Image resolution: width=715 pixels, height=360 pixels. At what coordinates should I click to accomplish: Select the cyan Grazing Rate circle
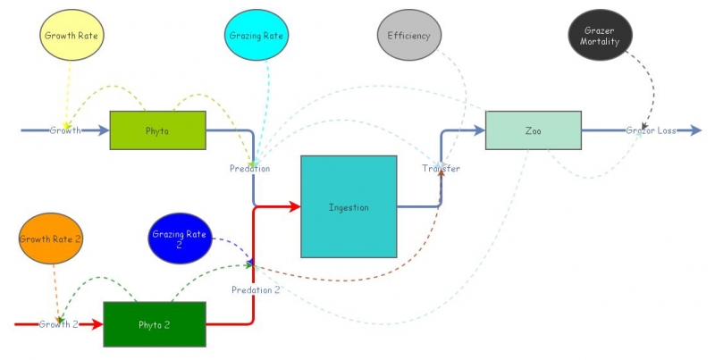[x=257, y=36]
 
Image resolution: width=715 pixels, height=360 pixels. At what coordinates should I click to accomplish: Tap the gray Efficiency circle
[x=409, y=36]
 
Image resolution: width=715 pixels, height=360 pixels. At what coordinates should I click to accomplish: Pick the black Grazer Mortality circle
[x=601, y=36]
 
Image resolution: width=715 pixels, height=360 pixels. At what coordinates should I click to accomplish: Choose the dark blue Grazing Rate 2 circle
[x=179, y=239]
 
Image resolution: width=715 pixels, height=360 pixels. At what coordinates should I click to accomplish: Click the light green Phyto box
[x=157, y=130]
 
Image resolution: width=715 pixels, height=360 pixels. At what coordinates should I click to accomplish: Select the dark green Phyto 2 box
[x=155, y=324]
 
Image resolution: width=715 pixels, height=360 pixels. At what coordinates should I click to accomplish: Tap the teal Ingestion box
[x=349, y=206]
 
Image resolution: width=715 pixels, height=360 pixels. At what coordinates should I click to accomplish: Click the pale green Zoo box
[x=533, y=130]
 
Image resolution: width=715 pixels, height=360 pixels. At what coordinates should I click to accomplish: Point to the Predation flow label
[x=249, y=168]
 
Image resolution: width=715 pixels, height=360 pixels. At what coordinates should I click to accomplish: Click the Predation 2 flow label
[x=256, y=289]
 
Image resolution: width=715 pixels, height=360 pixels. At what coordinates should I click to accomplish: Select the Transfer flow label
[x=441, y=168]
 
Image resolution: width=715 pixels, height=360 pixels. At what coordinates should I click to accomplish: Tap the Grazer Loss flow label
[x=651, y=130]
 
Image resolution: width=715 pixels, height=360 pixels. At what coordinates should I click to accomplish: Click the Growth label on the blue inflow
[x=65, y=130]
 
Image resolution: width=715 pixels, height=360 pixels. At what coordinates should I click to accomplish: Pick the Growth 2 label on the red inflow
[x=59, y=324]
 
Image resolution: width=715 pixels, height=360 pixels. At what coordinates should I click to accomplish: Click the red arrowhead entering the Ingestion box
[x=295, y=207]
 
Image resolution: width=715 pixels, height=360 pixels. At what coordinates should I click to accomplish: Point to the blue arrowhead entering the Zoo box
[x=479, y=130]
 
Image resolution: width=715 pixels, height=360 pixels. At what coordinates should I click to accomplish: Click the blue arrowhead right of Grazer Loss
[x=695, y=130]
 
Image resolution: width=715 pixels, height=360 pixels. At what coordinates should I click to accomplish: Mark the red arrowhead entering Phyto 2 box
[x=97, y=324]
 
